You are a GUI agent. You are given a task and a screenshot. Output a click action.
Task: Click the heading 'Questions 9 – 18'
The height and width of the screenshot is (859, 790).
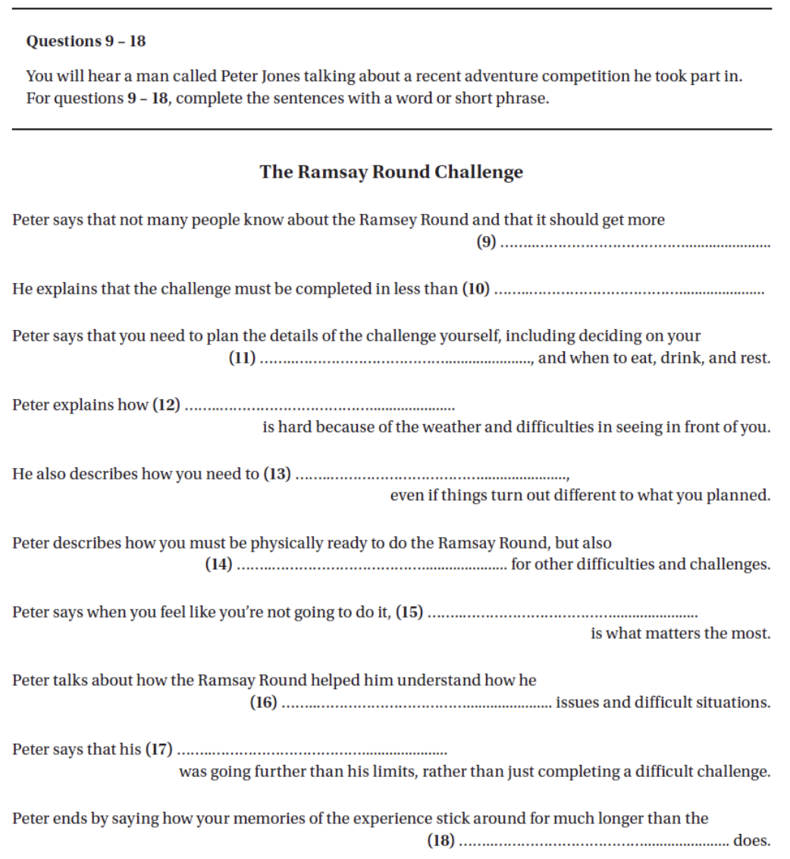click(x=86, y=41)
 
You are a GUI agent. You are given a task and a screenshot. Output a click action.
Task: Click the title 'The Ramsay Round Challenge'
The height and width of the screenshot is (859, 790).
click(x=391, y=171)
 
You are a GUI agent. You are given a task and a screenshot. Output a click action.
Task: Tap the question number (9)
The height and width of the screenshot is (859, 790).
click(x=485, y=243)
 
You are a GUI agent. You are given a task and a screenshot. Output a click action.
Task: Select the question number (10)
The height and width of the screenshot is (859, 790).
click(x=476, y=289)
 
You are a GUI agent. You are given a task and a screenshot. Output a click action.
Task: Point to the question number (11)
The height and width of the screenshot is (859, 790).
click(x=243, y=358)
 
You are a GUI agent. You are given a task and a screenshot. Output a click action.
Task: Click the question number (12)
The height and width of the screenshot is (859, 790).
click(x=167, y=404)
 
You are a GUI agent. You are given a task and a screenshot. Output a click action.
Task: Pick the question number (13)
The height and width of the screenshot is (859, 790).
click(x=277, y=474)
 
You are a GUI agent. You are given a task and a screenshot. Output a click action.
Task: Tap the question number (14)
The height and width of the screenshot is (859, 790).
click(x=218, y=565)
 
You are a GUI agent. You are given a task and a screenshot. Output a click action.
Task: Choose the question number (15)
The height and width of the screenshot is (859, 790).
click(x=409, y=612)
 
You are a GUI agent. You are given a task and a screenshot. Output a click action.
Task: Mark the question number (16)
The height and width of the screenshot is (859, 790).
click(x=263, y=703)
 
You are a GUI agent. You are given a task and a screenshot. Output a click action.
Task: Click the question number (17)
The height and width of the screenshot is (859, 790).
click(x=158, y=750)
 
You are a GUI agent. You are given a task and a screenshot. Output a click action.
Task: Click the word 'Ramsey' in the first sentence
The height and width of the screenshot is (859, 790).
click(x=385, y=220)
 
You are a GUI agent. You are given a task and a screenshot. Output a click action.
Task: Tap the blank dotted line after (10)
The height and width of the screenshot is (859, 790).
click(x=629, y=291)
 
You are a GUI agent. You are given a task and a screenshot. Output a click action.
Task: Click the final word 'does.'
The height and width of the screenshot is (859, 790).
click(x=751, y=841)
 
